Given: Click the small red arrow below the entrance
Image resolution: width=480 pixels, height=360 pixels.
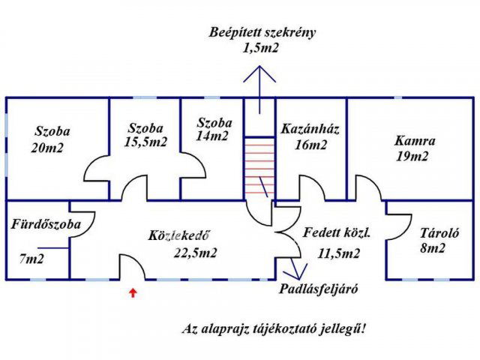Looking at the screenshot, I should (133, 292).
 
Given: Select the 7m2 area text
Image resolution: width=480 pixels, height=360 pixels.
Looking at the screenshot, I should (31, 259).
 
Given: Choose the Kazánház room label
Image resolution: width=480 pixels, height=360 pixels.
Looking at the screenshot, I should (310, 129).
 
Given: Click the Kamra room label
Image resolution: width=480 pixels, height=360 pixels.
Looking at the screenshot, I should (415, 140).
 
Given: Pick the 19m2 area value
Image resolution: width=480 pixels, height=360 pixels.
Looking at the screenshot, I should (412, 157).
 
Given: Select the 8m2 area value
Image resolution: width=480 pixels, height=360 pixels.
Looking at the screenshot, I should (433, 247).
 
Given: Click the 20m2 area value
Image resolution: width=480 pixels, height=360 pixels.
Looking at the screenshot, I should (48, 148).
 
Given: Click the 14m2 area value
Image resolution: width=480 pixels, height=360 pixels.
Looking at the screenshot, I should (213, 136).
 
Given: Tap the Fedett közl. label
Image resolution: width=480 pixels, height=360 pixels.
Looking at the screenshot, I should (337, 232).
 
